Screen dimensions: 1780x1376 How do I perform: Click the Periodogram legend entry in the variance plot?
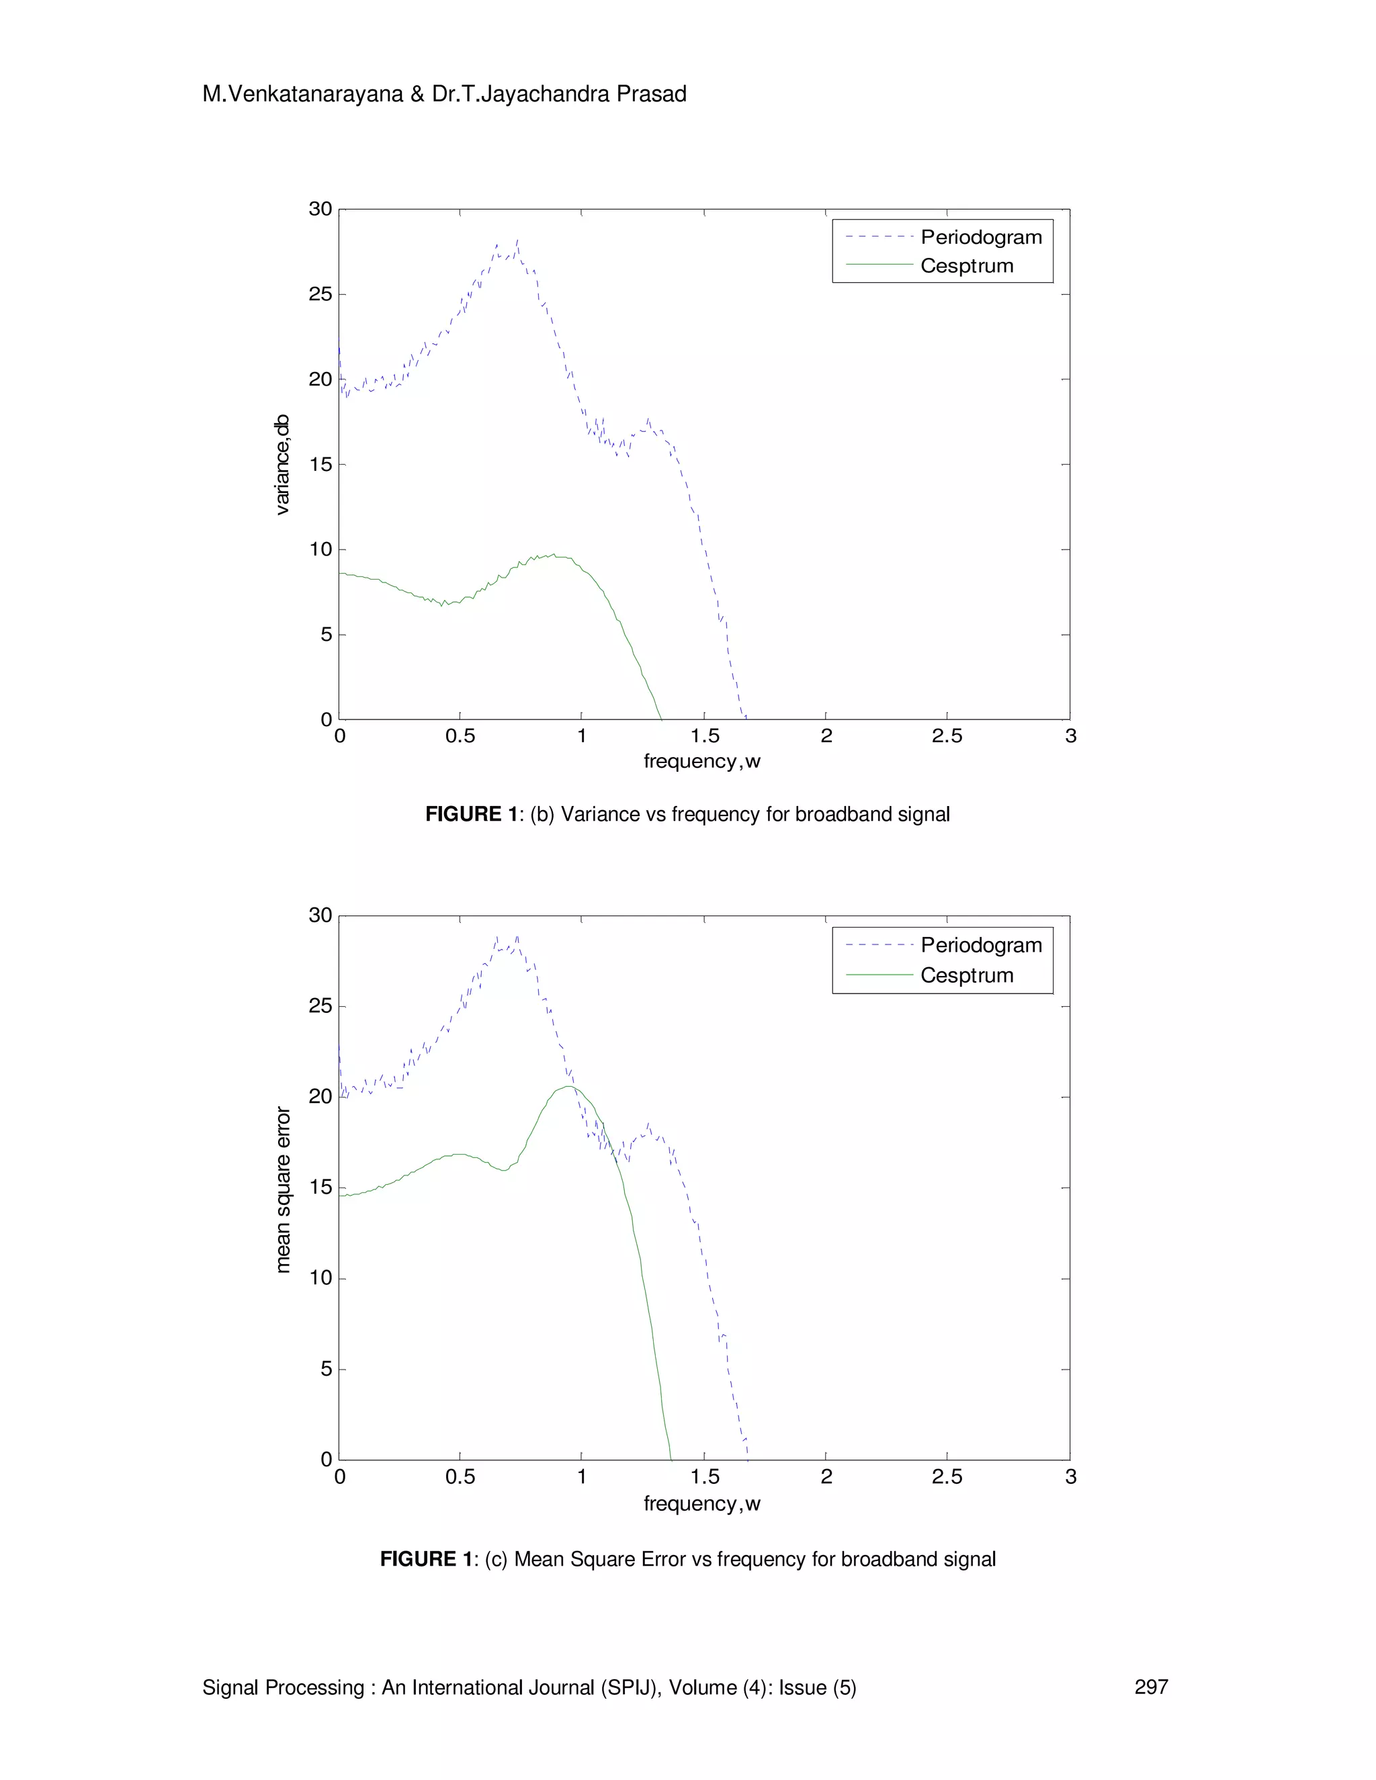click(981, 237)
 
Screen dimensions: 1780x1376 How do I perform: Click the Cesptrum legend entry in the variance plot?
click(967, 266)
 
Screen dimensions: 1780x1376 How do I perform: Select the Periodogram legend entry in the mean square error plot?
click(981, 946)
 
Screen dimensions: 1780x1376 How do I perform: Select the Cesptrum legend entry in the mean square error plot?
click(967, 975)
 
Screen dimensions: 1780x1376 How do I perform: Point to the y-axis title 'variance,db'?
click(282, 465)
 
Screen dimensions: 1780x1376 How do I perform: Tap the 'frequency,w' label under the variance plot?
click(702, 761)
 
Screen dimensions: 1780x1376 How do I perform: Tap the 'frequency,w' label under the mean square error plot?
click(702, 1504)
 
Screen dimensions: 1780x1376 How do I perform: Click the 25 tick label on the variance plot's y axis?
click(320, 294)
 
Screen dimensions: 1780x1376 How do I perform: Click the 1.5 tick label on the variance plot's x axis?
click(704, 736)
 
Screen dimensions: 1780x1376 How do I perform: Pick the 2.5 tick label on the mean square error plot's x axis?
click(947, 1477)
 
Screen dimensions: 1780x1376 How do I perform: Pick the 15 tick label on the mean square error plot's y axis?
click(320, 1188)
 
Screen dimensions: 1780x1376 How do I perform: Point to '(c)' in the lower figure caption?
click(497, 1559)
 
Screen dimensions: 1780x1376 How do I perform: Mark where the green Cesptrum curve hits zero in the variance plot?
click(662, 719)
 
